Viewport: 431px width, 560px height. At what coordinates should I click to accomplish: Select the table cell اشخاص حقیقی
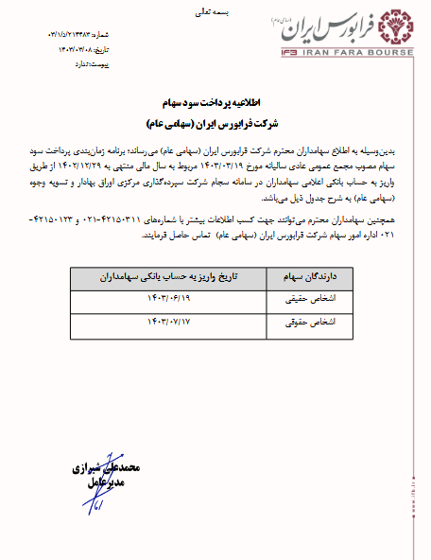[305, 301]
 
